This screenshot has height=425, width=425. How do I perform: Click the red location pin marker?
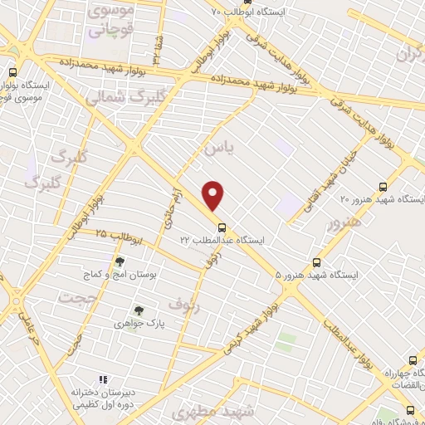(x=214, y=195)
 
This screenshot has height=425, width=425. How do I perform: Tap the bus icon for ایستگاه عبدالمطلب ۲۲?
(x=221, y=227)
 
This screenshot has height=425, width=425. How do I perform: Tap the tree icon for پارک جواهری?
(x=139, y=310)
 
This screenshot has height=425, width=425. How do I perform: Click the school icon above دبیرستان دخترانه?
(x=104, y=379)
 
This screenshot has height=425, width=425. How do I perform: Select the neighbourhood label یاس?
(x=219, y=146)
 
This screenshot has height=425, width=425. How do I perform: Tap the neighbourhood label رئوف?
(x=184, y=305)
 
